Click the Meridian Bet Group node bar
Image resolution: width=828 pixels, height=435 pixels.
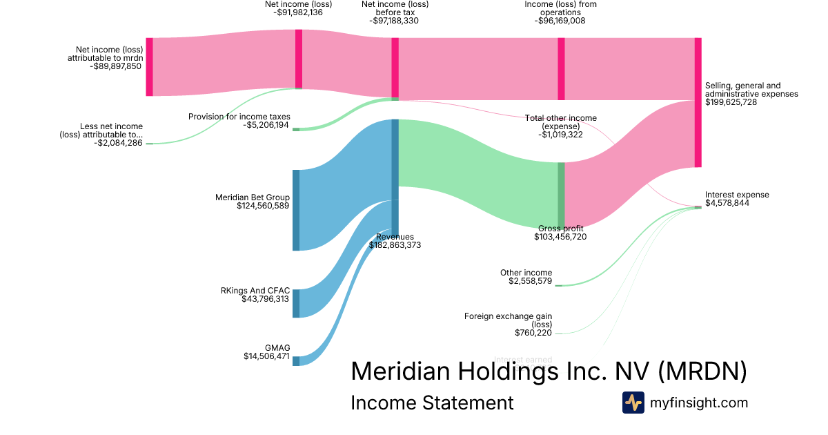[296, 210]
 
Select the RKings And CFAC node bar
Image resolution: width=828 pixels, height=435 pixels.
[296, 303]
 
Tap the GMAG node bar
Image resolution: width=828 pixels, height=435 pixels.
[296, 360]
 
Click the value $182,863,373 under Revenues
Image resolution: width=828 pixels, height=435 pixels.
[395, 245]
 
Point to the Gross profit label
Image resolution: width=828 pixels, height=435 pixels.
[560, 229]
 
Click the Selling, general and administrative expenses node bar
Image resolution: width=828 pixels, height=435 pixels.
[698, 102]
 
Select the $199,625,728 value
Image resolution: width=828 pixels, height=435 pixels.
[731, 102]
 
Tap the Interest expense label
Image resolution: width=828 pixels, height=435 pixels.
[737, 195]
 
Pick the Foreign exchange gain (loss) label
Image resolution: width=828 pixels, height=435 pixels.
[508, 320]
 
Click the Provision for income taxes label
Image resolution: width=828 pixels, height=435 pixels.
[239, 117]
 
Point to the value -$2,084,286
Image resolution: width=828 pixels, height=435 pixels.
[119, 143]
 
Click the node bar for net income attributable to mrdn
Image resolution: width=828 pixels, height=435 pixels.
[149, 67]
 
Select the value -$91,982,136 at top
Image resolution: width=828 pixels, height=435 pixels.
[298, 12]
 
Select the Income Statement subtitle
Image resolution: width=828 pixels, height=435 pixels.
[432, 403]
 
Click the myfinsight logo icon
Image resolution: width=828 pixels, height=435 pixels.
[633, 403]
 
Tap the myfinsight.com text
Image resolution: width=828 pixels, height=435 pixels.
[699, 403]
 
